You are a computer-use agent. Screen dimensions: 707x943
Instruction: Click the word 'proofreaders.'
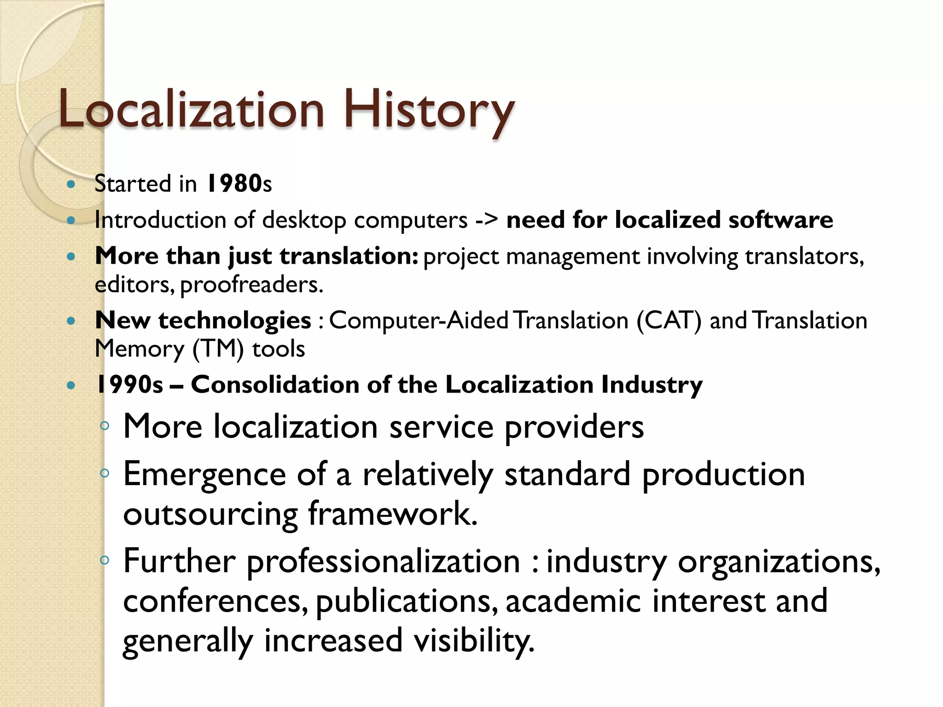click(251, 285)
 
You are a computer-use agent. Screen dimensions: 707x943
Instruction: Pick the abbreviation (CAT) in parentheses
click(669, 320)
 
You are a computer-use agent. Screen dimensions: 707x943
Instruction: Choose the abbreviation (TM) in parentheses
click(218, 349)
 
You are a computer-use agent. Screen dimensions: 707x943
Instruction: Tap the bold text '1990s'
click(129, 385)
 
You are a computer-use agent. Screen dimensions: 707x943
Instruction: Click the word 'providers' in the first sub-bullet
click(574, 427)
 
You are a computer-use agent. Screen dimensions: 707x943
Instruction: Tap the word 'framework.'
click(392, 514)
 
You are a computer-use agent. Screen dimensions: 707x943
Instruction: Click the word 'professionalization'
click(384, 562)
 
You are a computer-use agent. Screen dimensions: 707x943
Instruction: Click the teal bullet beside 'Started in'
click(71, 185)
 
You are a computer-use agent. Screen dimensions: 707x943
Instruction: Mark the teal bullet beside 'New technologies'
click(71, 321)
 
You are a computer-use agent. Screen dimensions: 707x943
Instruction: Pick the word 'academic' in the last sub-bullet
click(573, 601)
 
